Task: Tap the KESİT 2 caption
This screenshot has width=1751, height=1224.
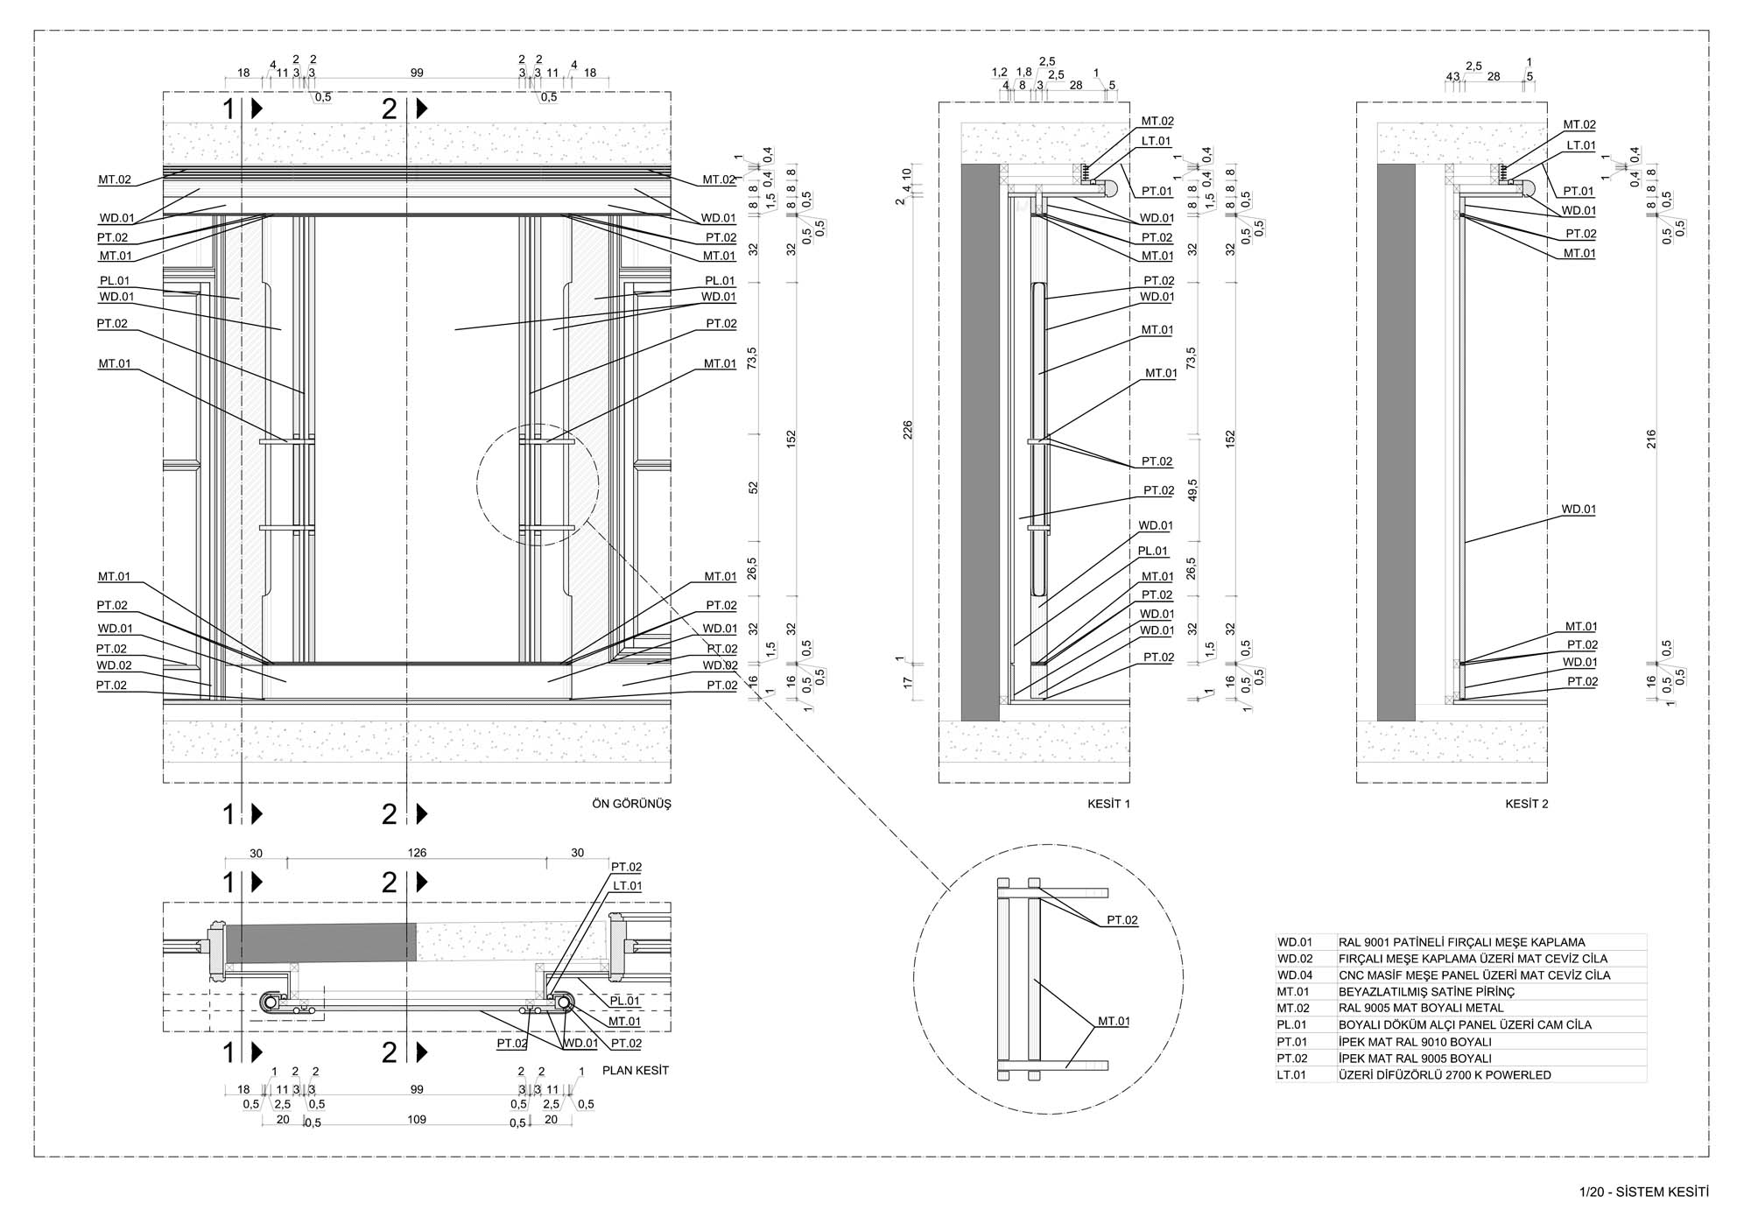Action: pos(1526,804)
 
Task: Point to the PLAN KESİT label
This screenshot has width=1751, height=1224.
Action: pos(635,1070)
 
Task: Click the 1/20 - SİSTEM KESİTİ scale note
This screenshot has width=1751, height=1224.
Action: pos(1643,1192)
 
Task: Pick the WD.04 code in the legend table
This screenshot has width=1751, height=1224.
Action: pos(1295,975)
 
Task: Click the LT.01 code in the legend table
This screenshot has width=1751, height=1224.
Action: pos(1292,1075)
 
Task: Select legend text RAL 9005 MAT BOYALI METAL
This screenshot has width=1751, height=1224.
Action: pos(1421,1009)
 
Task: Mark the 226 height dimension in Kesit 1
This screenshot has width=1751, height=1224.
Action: pos(908,430)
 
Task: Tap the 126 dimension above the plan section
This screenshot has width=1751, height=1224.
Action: pos(417,853)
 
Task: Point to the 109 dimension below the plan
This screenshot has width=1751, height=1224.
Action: pos(417,1119)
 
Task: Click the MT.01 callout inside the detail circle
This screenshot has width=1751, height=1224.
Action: pos(1114,1021)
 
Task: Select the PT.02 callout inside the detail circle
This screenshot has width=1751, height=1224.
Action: pos(1122,920)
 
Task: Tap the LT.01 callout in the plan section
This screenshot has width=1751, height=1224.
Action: pos(627,886)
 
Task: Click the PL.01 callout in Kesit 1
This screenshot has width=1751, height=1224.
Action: pos(1153,552)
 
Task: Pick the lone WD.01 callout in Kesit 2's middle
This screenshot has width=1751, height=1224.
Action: pos(1579,509)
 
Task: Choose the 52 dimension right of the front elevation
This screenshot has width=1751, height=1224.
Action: pos(754,487)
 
